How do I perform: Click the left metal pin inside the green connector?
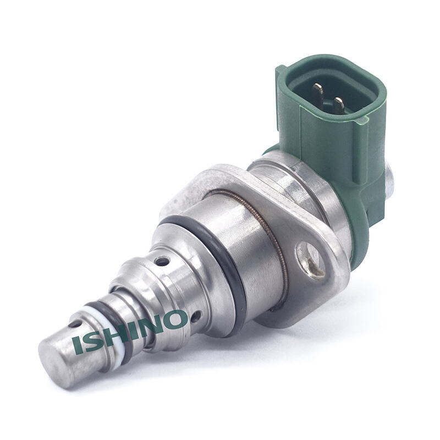[x=318, y=92]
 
